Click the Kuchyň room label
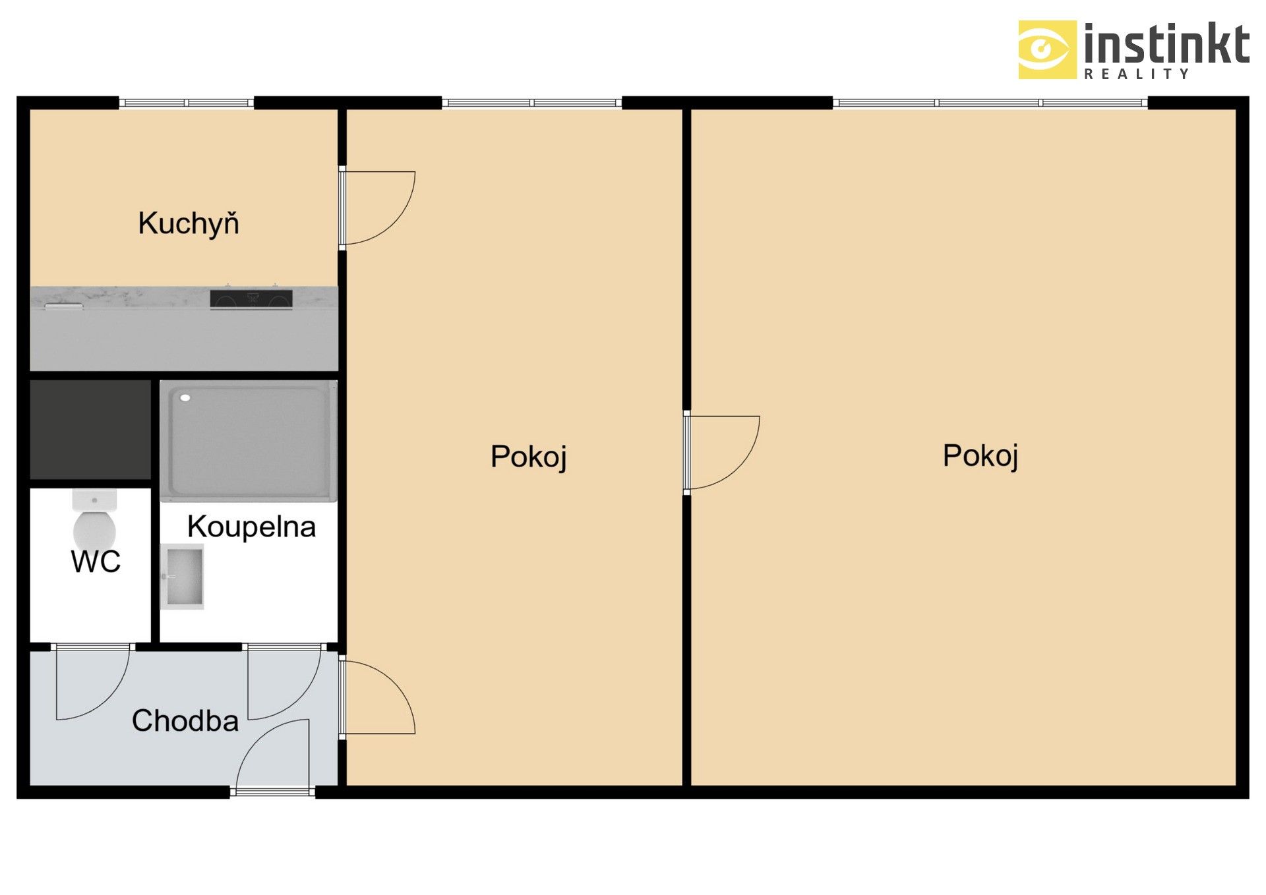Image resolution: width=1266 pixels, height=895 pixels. coord(188,223)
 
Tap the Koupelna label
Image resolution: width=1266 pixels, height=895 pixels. coord(251,527)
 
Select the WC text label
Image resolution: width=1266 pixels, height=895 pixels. coord(96,562)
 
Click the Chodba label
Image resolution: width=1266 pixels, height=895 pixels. coord(185,720)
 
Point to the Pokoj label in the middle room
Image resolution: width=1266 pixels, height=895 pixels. coord(528,456)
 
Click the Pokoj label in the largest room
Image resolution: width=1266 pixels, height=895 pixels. coord(980,455)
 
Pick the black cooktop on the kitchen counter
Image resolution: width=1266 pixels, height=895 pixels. coord(251,299)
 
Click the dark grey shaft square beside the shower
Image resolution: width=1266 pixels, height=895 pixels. coord(90,429)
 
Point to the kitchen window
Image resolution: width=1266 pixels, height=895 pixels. coord(186,103)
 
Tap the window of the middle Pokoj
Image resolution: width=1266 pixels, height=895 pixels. coord(531,103)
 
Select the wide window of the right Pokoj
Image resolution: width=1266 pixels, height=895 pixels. coord(989,103)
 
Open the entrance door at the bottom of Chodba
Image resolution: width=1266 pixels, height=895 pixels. coord(273,758)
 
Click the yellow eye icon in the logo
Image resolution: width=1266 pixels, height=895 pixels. coord(1046,49)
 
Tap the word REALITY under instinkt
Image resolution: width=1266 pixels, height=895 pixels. coord(1136,74)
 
